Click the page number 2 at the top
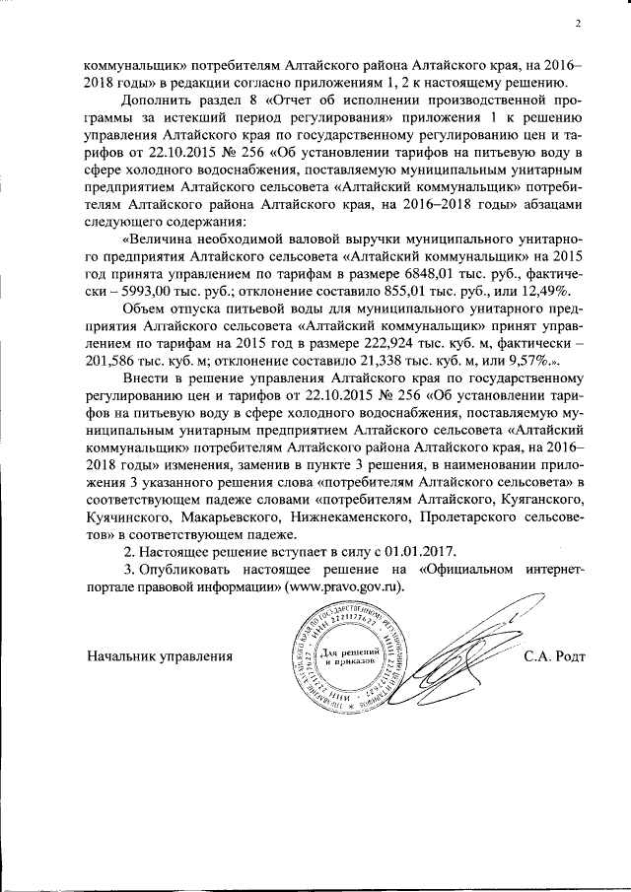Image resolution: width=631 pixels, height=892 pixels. click(x=579, y=24)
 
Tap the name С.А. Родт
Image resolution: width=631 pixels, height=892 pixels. click(x=558, y=655)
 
